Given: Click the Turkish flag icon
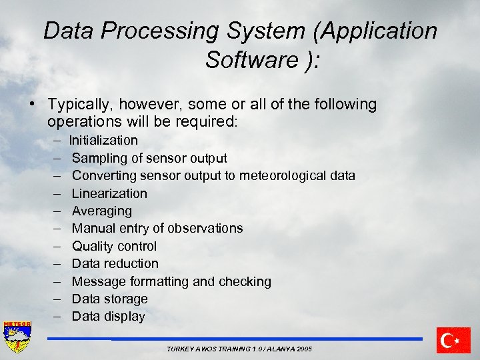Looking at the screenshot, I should (453, 340).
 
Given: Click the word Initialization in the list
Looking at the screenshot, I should (103, 141).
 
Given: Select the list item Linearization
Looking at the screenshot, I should (109, 193).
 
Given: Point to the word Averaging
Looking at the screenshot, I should (102, 211).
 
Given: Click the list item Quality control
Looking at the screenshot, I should (114, 246).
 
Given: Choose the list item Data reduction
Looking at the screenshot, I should (115, 263).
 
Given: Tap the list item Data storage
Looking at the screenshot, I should (109, 299).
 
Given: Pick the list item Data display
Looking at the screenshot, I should (108, 316).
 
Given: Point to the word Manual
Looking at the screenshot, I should (92, 228).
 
